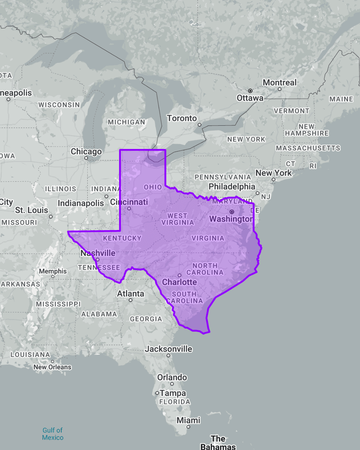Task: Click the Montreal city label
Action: [279, 82]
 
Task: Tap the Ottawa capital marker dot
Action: [250, 91]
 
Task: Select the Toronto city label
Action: [182, 118]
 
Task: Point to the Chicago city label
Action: [86, 152]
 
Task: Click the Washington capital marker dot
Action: [232, 212]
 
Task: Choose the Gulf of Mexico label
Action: [53, 434]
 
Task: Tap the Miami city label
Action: [188, 420]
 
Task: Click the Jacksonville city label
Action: [168, 349]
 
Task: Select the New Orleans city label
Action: [52, 367]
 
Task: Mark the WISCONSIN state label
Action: [59, 105]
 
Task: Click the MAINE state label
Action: [341, 99]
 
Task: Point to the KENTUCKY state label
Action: [122, 238]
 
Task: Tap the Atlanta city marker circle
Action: [130, 300]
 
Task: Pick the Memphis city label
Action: [53, 271]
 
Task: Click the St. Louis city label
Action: [32, 210]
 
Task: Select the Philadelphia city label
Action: [232, 187]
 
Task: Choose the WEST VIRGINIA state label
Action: [177, 219]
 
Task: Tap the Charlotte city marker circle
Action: [179, 275]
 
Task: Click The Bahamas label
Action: [218, 443]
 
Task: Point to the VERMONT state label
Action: [291, 111]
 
